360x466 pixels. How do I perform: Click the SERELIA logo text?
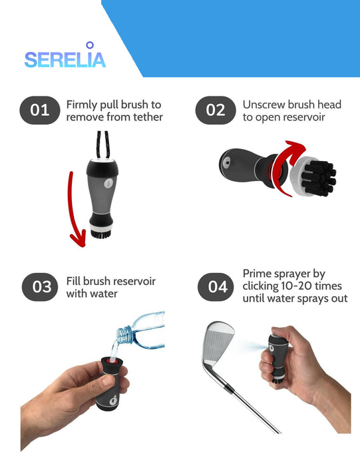pyautogui.click(x=65, y=60)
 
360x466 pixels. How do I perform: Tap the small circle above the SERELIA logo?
pyautogui.click(x=90, y=45)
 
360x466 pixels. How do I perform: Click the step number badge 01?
pyautogui.click(x=40, y=110)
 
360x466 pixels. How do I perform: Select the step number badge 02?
pyautogui.click(x=216, y=110)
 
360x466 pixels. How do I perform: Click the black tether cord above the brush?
pyautogui.click(x=102, y=144)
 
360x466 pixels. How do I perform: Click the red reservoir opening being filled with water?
pyautogui.click(x=112, y=360)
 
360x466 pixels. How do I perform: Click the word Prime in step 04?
pyautogui.click(x=258, y=274)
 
